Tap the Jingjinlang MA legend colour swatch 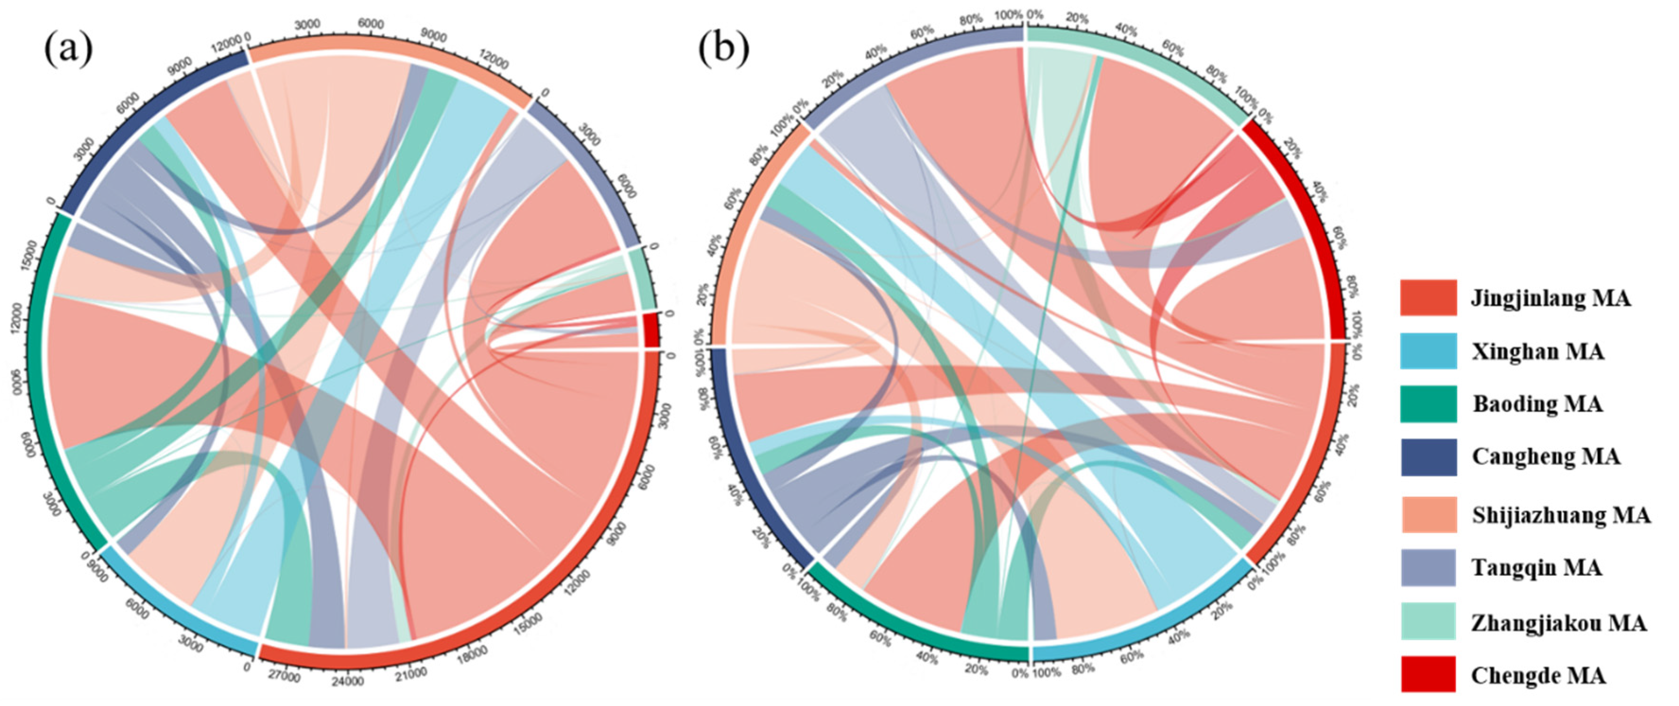click(x=1428, y=298)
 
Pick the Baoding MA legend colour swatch click(x=1428, y=404)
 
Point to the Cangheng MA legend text click(x=1545, y=456)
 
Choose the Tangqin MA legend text click(x=1536, y=568)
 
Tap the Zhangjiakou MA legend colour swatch click(x=1428, y=620)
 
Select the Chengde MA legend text click(x=1538, y=675)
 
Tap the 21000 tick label click(x=411, y=673)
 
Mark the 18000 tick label click(x=472, y=654)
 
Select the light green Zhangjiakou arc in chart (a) click(x=647, y=279)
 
